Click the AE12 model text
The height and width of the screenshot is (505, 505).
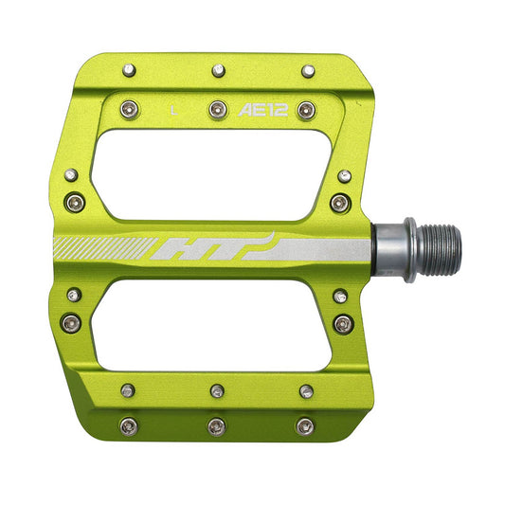click(262, 110)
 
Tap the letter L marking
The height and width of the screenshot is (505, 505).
click(174, 110)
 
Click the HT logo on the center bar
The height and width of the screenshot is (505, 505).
click(212, 246)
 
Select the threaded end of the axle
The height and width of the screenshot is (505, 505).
click(442, 250)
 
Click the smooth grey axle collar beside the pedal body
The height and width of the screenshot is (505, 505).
click(388, 250)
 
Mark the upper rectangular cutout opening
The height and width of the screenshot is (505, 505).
click(211, 175)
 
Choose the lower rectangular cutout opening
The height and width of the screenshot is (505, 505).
click(211, 325)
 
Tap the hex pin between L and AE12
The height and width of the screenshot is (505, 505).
click(218, 110)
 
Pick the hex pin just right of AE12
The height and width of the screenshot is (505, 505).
click(306, 110)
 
